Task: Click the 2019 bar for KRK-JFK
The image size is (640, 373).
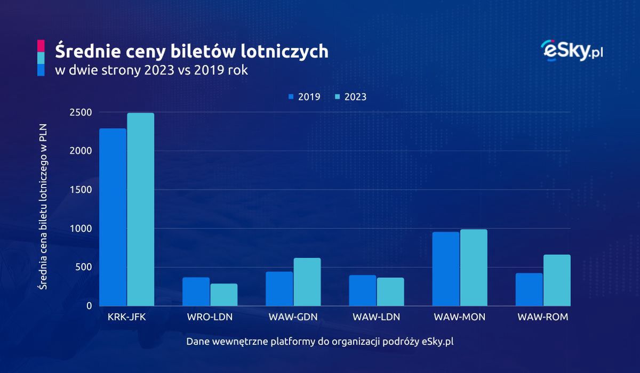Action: coord(113,217)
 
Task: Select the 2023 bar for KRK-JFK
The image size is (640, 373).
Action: coord(141,209)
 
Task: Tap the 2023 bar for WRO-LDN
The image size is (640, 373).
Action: coord(224,295)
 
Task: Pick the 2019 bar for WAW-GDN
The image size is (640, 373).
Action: coord(279,289)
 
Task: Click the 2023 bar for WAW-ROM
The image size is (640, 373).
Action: coord(557,280)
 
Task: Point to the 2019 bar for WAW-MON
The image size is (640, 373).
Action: coord(446,269)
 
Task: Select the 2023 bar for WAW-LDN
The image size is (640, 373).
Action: coord(390,291)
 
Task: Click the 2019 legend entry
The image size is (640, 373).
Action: coord(305,97)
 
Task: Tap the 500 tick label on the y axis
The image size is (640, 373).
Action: coord(84,267)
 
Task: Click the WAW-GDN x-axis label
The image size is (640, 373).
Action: coord(293,317)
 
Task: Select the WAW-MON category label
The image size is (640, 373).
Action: coord(459,317)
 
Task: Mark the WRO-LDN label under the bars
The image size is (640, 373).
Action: coord(210,317)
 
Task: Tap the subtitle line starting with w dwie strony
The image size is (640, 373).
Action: coord(151,70)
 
